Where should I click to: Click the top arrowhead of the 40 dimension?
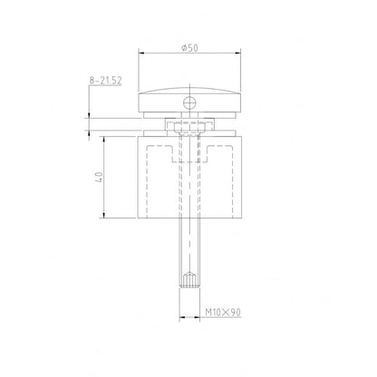click(99, 139)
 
